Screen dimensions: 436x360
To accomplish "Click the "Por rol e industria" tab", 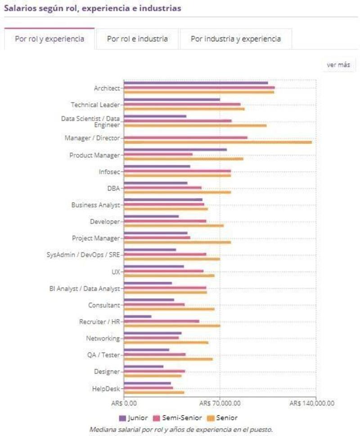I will [137, 39].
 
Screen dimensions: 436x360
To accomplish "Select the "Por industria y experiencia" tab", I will [236, 39].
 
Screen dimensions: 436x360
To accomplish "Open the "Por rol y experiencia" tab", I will [49, 39].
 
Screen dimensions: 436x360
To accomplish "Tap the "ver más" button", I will [338, 65].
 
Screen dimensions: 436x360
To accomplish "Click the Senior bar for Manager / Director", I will [218, 142].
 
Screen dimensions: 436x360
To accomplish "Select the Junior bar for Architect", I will [196, 83].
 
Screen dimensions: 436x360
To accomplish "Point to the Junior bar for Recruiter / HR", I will [138, 316].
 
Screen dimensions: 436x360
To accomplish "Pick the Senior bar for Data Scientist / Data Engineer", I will [195, 126].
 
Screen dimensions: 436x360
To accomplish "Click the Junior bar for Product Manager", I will [175, 150].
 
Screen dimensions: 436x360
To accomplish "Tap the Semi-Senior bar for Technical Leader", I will [182, 104].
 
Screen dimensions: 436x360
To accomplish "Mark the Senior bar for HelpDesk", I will [154, 392].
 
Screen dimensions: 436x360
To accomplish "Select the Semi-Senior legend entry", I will [178, 418].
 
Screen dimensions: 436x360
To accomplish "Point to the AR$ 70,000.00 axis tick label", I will [220, 403].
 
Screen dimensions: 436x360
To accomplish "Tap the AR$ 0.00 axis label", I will [124, 403].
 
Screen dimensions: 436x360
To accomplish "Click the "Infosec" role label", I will [109, 171].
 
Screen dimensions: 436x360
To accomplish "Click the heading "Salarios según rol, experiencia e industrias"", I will [92, 8].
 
